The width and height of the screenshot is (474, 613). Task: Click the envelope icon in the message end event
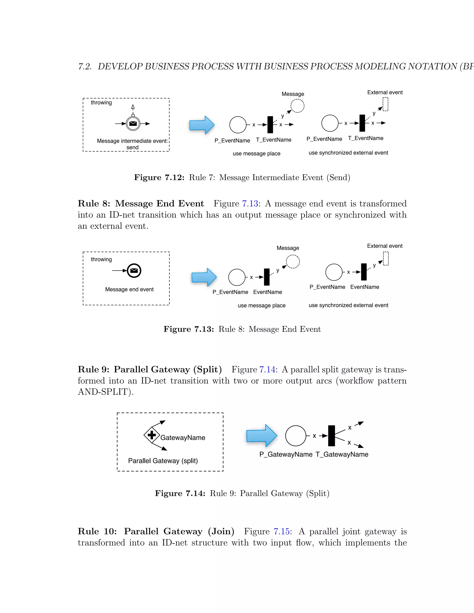[x=134, y=271]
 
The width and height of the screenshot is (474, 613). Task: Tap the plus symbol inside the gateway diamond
[x=152, y=435]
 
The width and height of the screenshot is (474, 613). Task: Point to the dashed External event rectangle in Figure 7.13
[x=386, y=259]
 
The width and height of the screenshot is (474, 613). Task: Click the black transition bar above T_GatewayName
[x=331, y=436]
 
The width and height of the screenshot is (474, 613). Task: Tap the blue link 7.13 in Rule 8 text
[x=250, y=204]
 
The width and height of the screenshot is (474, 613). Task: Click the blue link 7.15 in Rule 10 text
[x=282, y=531]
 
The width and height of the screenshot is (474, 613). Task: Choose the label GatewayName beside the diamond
[x=183, y=438]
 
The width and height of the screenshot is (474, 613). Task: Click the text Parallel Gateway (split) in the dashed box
[x=163, y=461]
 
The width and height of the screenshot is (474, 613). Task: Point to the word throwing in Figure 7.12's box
[x=101, y=102]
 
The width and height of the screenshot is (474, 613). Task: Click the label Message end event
[x=129, y=289]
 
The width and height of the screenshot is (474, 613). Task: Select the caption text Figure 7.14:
[x=180, y=493]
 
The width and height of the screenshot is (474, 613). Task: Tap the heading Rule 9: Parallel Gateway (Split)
[x=150, y=369]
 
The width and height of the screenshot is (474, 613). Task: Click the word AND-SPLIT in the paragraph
[x=103, y=392]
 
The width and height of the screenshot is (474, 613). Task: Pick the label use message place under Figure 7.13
[x=262, y=305]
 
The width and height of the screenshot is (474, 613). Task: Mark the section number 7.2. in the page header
[x=85, y=67]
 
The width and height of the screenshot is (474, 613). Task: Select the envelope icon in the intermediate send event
[x=133, y=124]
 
